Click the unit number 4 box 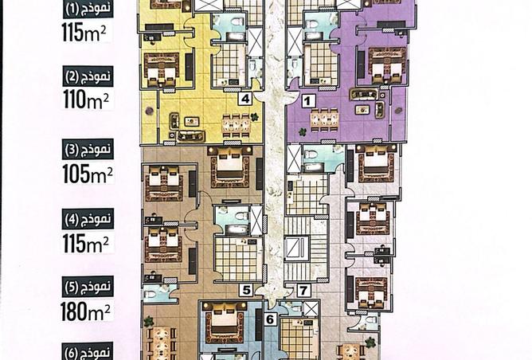pyautogui.click(x=247, y=100)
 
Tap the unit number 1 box pyautogui.click(x=308, y=100)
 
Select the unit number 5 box pyautogui.click(x=247, y=291)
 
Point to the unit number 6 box pyautogui.click(x=269, y=319)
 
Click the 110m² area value pyautogui.click(x=87, y=100)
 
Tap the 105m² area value pyautogui.click(x=87, y=172)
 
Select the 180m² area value pyautogui.click(x=87, y=311)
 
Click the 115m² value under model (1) pyautogui.click(x=87, y=33)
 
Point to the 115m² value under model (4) pyautogui.click(x=87, y=242)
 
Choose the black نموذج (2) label pyautogui.click(x=88, y=78)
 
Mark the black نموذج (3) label pyautogui.click(x=88, y=149)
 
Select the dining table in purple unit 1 pyautogui.click(x=323, y=119)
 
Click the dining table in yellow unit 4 pyautogui.click(x=236, y=123)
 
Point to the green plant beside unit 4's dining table pyautogui.click(x=254, y=117)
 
